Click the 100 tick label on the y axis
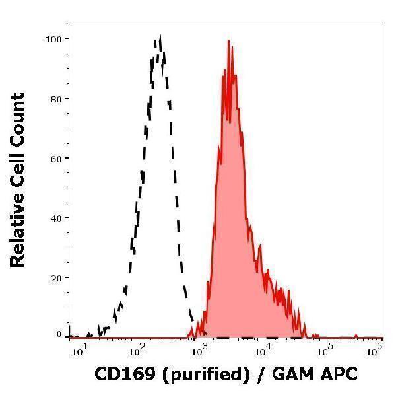coord(53,39)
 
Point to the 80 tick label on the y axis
coord(56,99)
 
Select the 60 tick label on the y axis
coord(56,159)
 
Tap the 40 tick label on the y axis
coord(56,218)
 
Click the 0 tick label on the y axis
coord(59,334)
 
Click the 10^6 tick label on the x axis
coord(374,348)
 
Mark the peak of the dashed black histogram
coord(160,38)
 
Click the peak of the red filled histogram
coord(228,41)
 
